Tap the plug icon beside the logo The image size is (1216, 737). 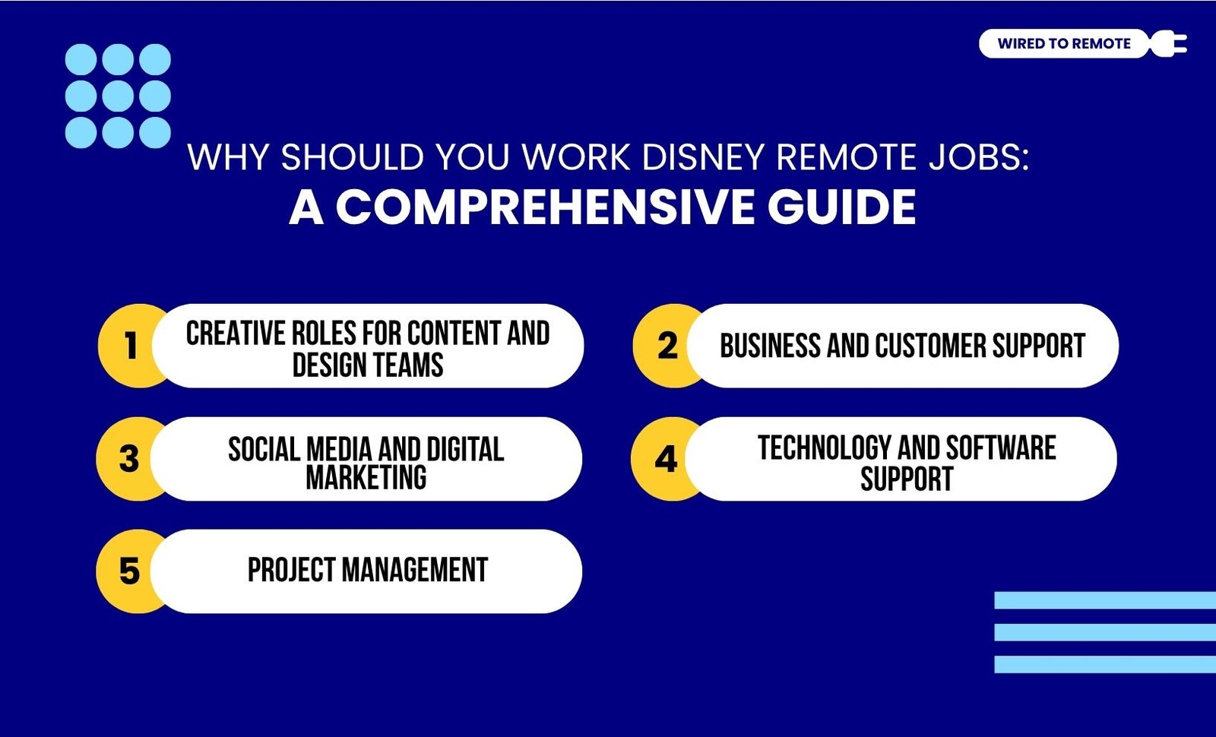click(x=1168, y=43)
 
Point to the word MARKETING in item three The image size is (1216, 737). click(x=366, y=478)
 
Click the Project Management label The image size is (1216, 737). click(x=368, y=570)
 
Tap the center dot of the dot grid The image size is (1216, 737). click(x=118, y=96)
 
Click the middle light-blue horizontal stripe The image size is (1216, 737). click(x=1105, y=632)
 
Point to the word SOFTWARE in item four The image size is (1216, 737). click(x=1002, y=448)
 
